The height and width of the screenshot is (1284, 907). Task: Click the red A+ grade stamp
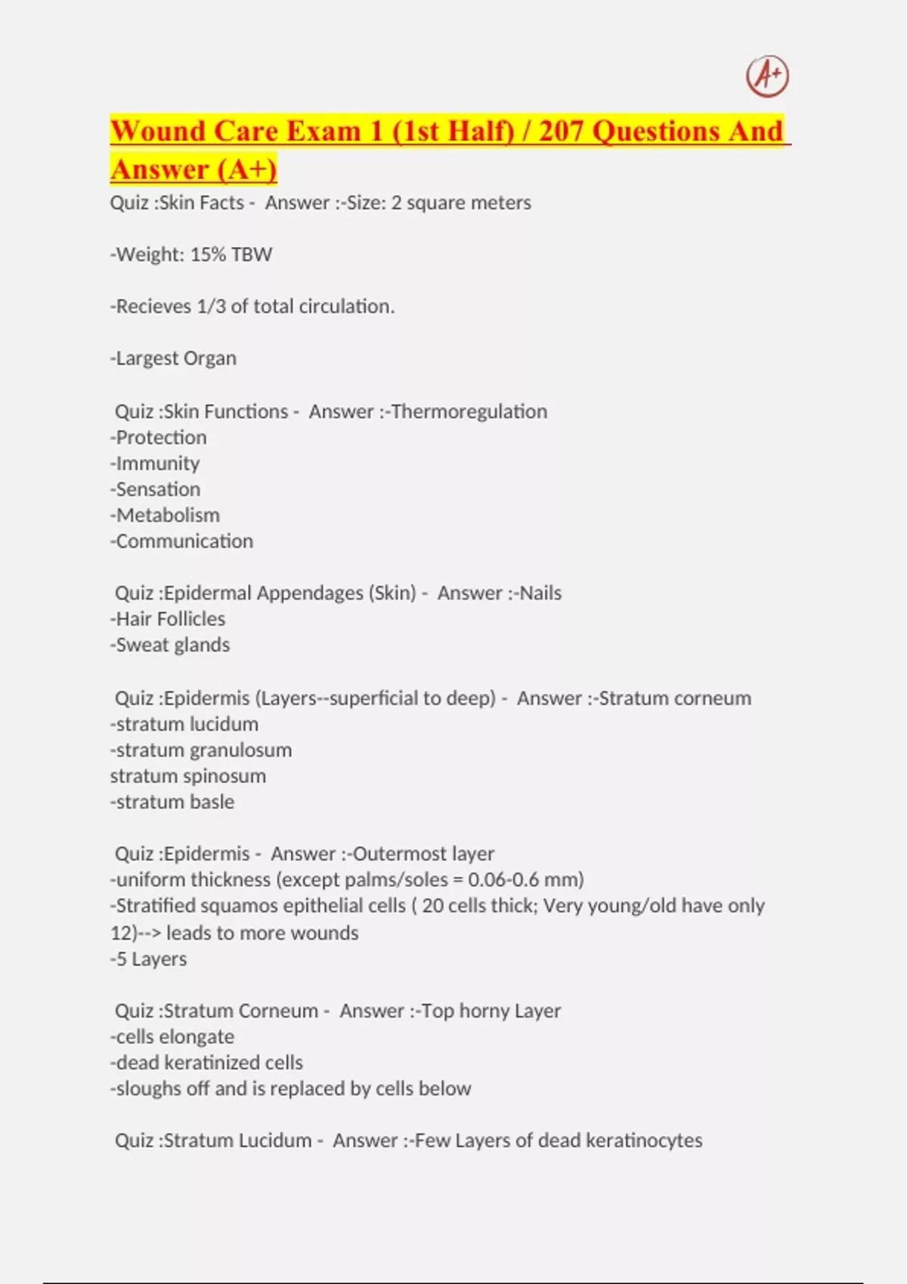click(x=767, y=76)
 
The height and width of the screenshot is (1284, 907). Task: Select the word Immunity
click(x=158, y=463)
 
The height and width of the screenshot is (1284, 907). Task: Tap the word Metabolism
click(x=168, y=515)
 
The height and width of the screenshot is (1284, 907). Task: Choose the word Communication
click(x=184, y=541)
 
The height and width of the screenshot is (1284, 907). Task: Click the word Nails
click(x=540, y=593)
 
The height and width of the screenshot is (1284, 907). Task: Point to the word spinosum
click(x=228, y=776)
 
